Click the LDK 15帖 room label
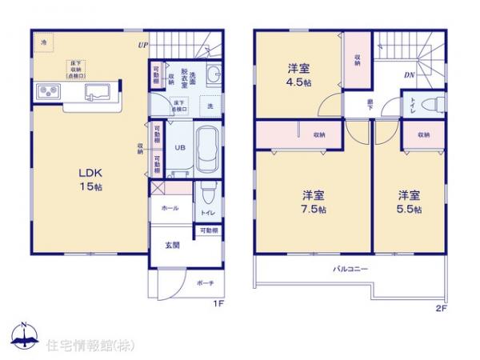pyautogui.click(x=90, y=179)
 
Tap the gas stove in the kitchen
pyautogui.click(x=46, y=90)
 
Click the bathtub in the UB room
pyautogui.click(x=206, y=148)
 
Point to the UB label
pyautogui.click(x=180, y=148)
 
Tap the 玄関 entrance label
pyautogui.click(x=172, y=245)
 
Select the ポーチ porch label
pyautogui.click(x=205, y=283)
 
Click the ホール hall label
pyautogui.click(x=170, y=207)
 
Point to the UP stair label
pyautogui.click(x=142, y=45)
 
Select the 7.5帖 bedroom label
pyautogui.click(x=314, y=202)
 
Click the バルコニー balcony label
pyautogui.click(x=350, y=270)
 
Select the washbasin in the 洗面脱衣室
pyautogui.click(x=214, y=75)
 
